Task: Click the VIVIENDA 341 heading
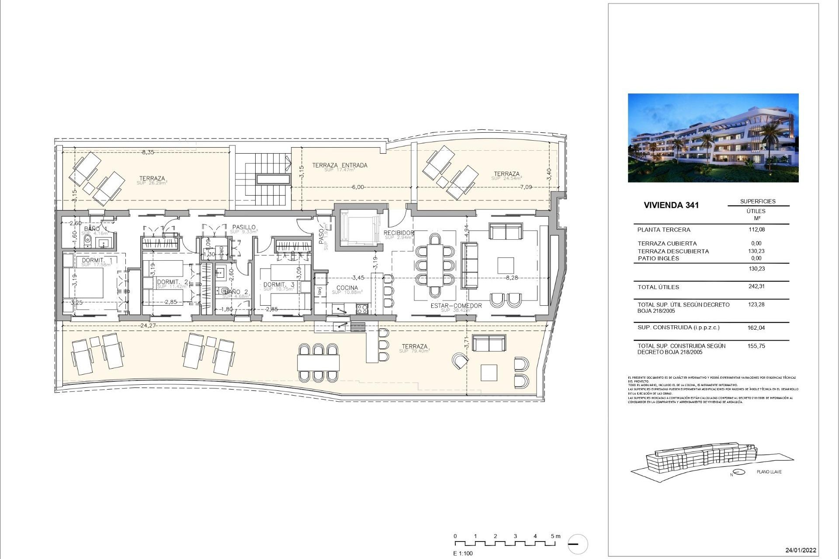pyautogui.click(x=672, y=205)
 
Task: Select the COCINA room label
pyautogui.click(x=347, y=288)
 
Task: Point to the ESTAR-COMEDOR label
pyautogui.click(x=456, y=306)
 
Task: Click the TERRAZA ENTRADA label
pyautogui.click(x=340, y=165)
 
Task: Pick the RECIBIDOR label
pyautogui.click(x=399, y=233)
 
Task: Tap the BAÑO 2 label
pyautogui.click(x=236, y=292)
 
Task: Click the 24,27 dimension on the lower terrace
pyautogui.click(x=149, y=325)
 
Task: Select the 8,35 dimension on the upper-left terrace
pyautogui.click(x=148, y=152)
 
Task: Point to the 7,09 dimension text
pyautogui.click(x=526, y=187)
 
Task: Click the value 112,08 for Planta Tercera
pyautogui.click(x=756, y=229)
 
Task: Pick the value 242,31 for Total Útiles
pyautogui.click(x=756, y=286)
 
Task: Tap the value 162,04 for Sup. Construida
pyautogui.click(x=756, y=328)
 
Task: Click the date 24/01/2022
pyautogui.click(x=801, y=550)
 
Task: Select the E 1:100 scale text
pyautogui.click(x=463, y=553)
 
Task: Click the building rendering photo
pyautogui.click(x=713, y=138)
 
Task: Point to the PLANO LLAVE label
pyautogui.click(x=769, y=472)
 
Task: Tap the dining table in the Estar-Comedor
pyautogui.click(x=435, y=265)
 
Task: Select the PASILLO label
pyautogui.click(x=244, y=227)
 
